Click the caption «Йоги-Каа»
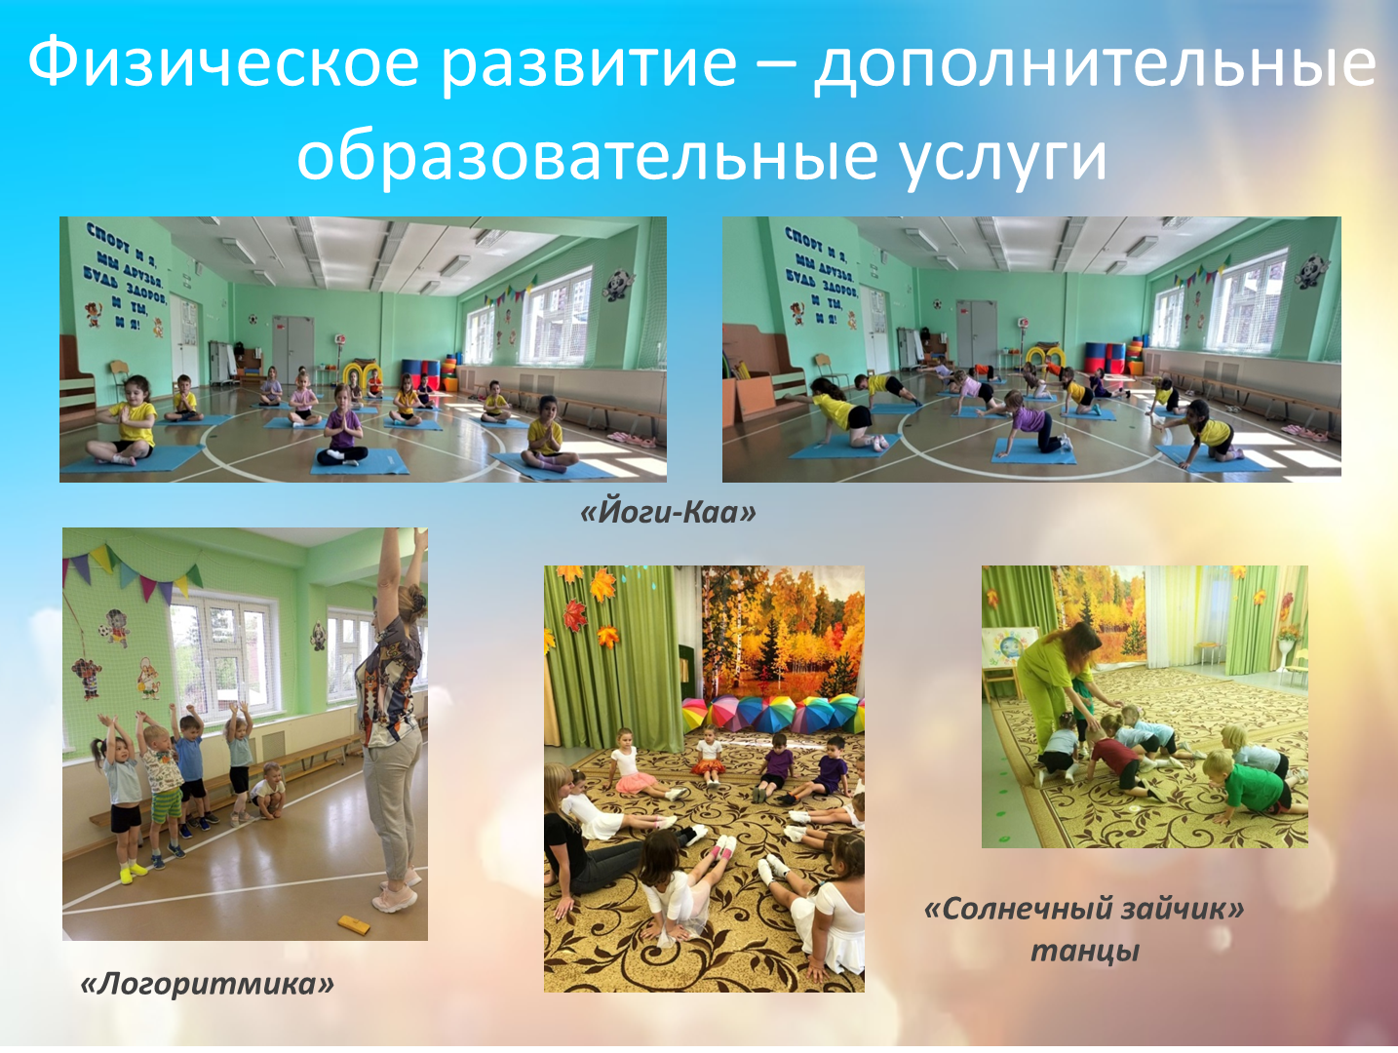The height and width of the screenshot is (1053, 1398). tap(668, 513)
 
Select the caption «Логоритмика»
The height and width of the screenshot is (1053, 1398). tap(207, 985)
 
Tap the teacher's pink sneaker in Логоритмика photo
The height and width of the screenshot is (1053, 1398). tap(395, 899)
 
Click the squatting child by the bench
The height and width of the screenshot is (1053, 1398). tap(267, 790)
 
